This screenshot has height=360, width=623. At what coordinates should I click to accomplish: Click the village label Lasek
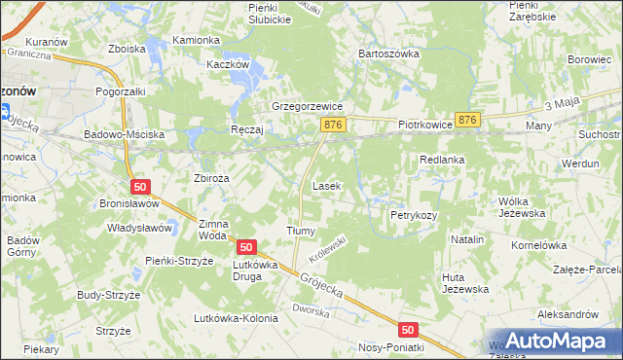pos(325,185)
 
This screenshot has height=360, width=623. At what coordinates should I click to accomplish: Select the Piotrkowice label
pos(426,126)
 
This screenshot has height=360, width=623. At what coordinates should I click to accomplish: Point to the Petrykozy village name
pos(414,214)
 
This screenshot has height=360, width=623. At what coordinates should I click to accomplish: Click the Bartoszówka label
pos(388,54)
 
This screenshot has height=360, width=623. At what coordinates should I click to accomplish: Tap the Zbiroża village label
pos(211,178)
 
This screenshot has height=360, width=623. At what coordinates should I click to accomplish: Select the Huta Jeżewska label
pos(463,283)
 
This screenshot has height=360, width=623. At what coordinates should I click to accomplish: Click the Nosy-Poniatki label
pos(391,347)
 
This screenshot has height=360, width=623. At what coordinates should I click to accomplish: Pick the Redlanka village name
pos(442,159)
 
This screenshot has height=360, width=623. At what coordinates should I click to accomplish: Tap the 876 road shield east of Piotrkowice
pos(468,119)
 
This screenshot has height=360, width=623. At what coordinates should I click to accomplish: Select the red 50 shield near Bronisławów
pos(140,186)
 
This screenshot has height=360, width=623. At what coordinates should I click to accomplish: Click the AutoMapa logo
pos(552,340)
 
